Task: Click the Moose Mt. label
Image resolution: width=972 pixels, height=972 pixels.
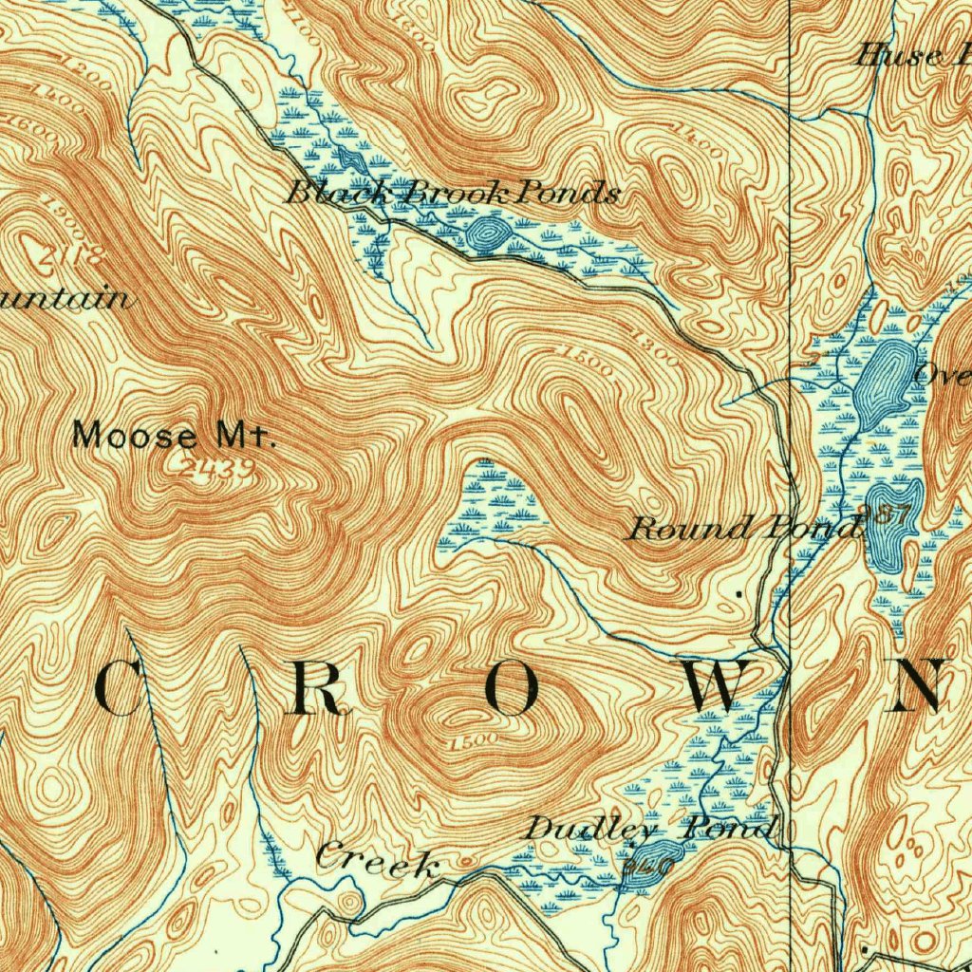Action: (x=175, y=437)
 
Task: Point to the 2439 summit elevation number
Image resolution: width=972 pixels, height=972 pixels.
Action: (x=217, y=466)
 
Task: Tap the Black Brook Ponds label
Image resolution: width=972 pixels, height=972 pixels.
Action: (x=453, y=195)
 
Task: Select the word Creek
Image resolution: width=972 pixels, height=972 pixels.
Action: (x=378, y=860)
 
